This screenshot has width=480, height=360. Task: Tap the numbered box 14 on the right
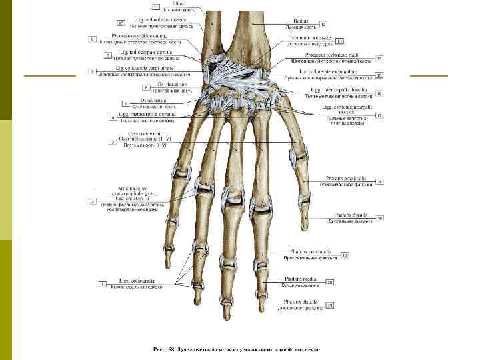(x=379, y=58)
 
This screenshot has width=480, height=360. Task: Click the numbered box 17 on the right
(x=379, y=115)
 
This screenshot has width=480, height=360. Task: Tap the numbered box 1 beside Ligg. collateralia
(x=103, y=285)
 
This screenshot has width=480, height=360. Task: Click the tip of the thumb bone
(x=304, y=227)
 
